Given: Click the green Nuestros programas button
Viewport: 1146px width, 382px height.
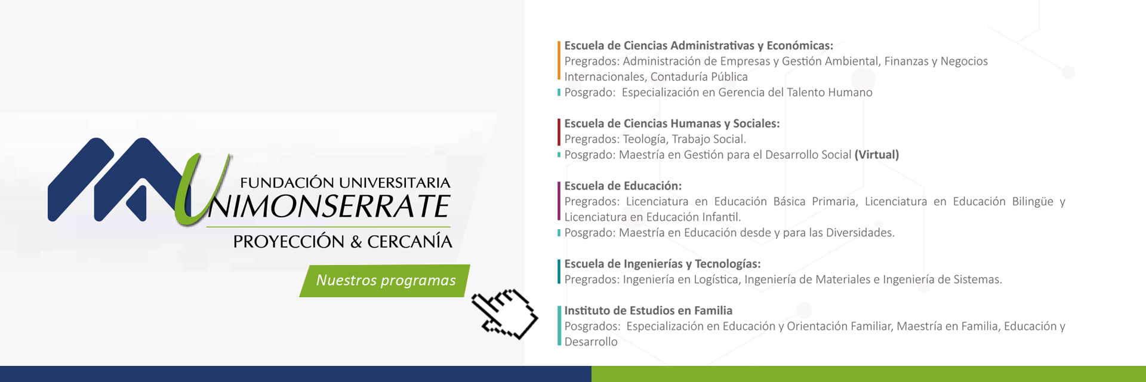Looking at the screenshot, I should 385,281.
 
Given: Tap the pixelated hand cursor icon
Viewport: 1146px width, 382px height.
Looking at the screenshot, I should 504,314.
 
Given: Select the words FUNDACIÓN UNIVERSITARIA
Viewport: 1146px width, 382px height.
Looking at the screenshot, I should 345,183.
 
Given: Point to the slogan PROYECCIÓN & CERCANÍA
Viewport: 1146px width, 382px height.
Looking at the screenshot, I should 343,242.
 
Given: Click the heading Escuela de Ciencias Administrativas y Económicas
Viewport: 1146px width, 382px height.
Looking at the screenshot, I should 698,46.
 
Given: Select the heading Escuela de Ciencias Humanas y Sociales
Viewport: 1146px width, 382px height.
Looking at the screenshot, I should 671,124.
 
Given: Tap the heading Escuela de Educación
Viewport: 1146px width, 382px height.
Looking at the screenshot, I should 623,186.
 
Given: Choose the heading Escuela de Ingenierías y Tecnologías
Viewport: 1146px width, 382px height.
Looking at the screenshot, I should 662,264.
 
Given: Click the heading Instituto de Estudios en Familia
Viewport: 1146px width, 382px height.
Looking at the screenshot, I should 648,310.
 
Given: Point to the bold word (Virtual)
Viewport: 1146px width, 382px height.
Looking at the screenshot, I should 876,155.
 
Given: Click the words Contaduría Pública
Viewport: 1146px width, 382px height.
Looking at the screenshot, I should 699,77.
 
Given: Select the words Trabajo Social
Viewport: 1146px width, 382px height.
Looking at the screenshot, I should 708,139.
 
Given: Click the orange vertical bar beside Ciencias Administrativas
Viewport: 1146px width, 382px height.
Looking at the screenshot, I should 559,60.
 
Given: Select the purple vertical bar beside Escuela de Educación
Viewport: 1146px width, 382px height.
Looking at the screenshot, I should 559,201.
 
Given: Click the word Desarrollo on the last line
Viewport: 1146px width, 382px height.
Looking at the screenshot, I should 591,342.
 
